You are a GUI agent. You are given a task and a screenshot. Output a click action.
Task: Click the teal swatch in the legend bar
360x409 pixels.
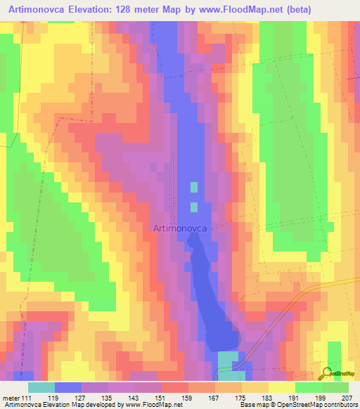coord(41,387)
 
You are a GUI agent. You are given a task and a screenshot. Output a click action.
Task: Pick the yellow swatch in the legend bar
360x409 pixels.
coord(281,387)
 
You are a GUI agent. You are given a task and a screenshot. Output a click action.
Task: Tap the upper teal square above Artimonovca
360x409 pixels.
coord(193,188)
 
